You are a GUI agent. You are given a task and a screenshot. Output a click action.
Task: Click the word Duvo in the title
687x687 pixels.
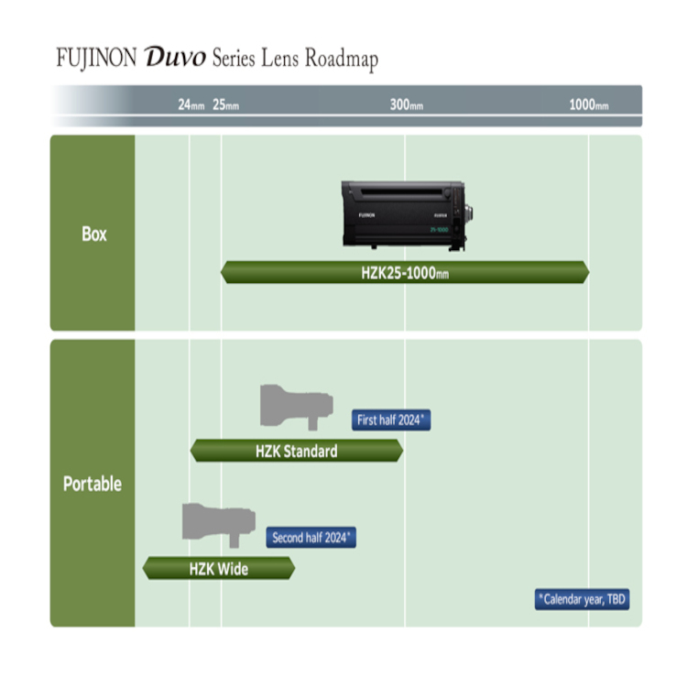pyautogui.click(x=175, y=58)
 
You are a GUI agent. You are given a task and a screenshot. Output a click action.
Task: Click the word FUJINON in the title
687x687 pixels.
pyautogui.click(x=96, y=58)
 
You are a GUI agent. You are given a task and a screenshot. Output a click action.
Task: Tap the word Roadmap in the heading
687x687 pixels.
pyautogui.click(x=342, y=59)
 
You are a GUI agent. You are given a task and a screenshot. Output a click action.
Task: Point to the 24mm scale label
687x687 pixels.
pyautogui.click(x=191, y=104)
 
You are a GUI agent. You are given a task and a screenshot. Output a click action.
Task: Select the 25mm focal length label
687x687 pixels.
pyautogui.click(x=225, y=104)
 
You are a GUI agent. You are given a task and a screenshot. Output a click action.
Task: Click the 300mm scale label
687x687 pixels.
pyautogui.click(x=407, y=104)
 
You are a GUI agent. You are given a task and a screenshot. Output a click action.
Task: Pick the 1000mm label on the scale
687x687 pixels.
pyautogui.click(x=589, y=104)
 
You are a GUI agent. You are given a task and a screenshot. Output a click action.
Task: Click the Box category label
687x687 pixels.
pyautogui.click(x=94, y=234)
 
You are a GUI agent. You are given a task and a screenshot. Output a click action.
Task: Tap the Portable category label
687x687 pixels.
pyautogui.click(x=93, y=484)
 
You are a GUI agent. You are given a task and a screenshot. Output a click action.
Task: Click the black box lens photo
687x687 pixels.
pyautogui.click(x=407, y=215)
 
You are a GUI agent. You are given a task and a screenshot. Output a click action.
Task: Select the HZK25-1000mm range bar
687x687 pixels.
pyautogui.click(x=405, y=273)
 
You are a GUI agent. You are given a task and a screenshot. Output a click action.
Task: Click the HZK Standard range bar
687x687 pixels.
pyautogui.click(x=297, y=451)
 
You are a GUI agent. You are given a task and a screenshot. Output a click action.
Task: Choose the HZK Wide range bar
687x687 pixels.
pyautogui.click(x=219, y=569)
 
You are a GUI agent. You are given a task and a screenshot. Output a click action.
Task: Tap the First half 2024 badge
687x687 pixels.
pyautogui.click(x=391, y=420)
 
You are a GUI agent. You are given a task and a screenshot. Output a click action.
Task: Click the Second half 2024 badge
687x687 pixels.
pyautogui.click(x=311, y=538)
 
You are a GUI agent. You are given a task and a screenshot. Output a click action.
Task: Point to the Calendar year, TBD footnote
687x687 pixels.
pyautogui.click(x=583, y=599)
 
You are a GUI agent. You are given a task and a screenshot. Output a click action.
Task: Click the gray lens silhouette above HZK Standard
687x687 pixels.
pyautogui.click(x=297, y=407)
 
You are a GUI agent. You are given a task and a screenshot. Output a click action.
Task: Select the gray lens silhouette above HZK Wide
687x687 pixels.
pyautogui.click(x=219, y=525)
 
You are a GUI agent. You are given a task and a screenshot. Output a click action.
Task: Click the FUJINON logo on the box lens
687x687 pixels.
pyautogui.click(x=366, y=215)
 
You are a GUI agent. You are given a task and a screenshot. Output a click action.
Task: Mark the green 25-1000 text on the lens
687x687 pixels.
pyautogui.click(x=439, y=230)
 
